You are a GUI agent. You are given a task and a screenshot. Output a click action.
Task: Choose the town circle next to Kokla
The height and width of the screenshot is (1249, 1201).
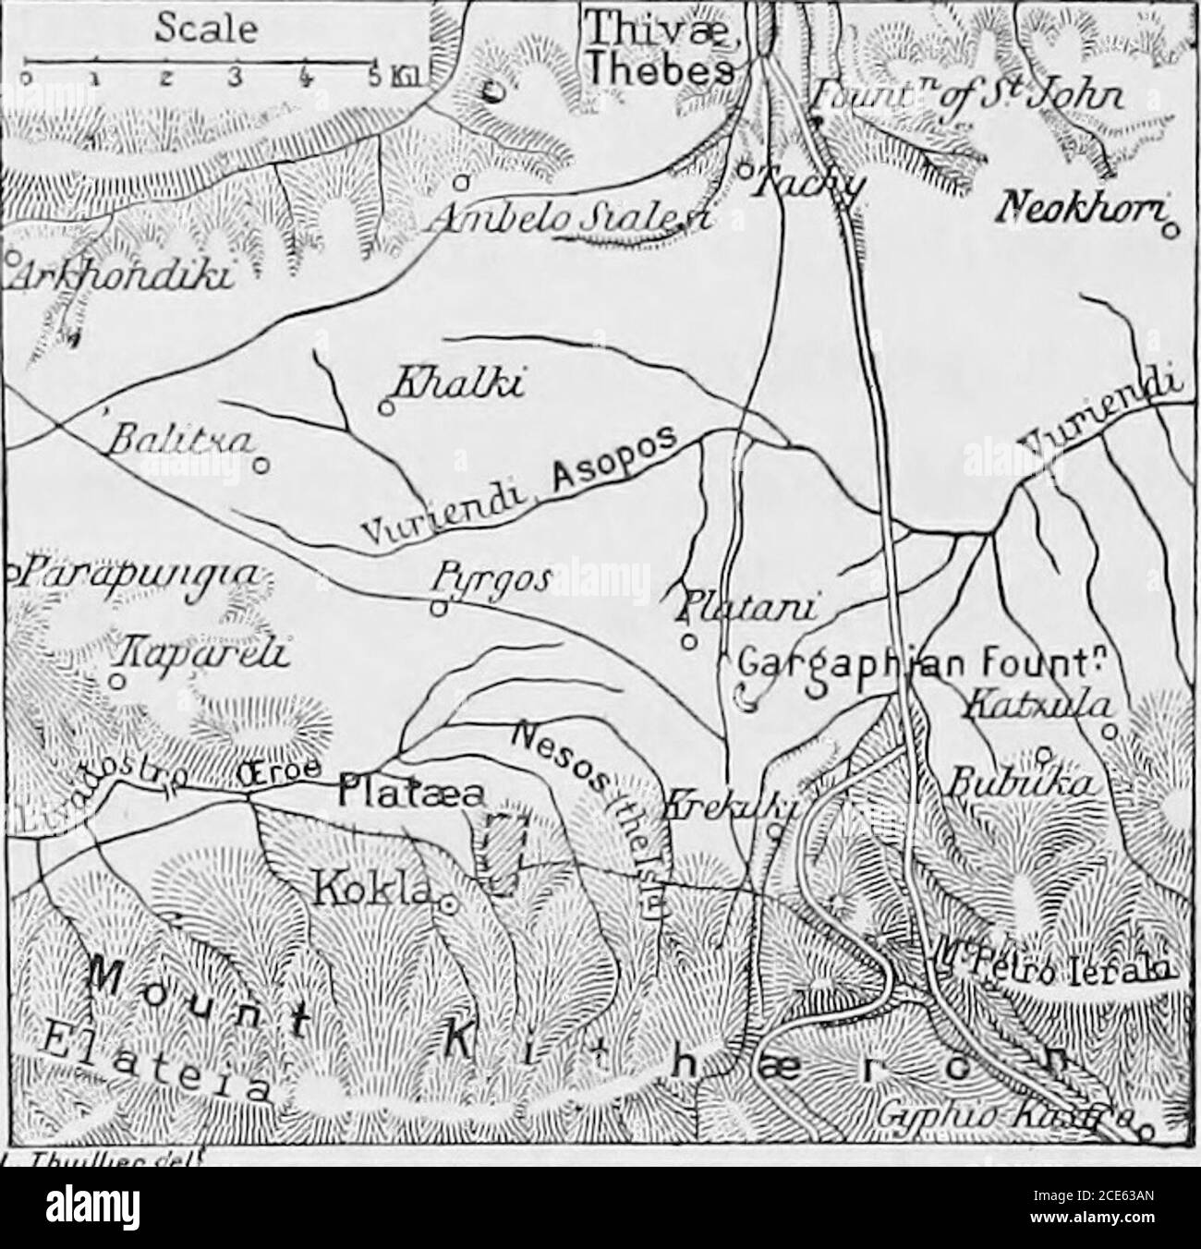446,906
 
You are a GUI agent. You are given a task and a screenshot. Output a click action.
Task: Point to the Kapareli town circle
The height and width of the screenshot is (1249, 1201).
116,681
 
